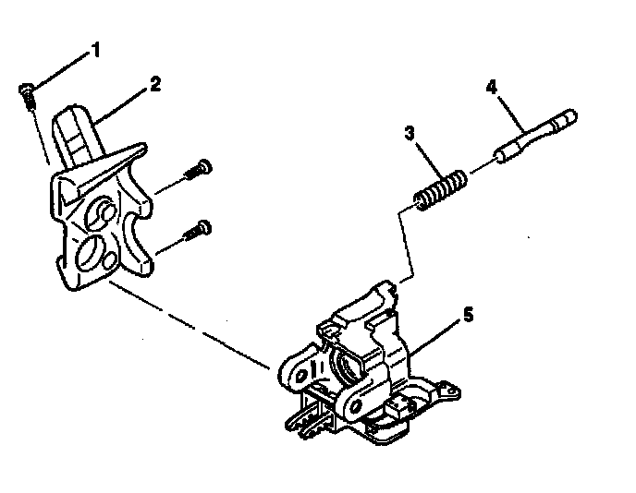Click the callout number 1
click(96, 50)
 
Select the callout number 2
click(155, 83)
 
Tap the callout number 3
click(410, 133)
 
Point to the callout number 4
click(491, 87)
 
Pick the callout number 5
click(468, 314)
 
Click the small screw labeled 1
click(28, 96)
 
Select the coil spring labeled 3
click(440, 189)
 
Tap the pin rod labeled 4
click(535, 136)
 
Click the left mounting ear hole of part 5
click(300, 376)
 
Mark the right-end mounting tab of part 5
click(448, 391)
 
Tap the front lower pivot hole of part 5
click(356, 406)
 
